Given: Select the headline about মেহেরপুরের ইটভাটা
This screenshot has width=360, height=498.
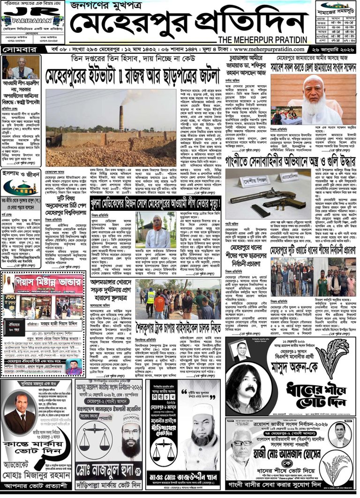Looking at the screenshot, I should pyautogui.click(x=133, y=74).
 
